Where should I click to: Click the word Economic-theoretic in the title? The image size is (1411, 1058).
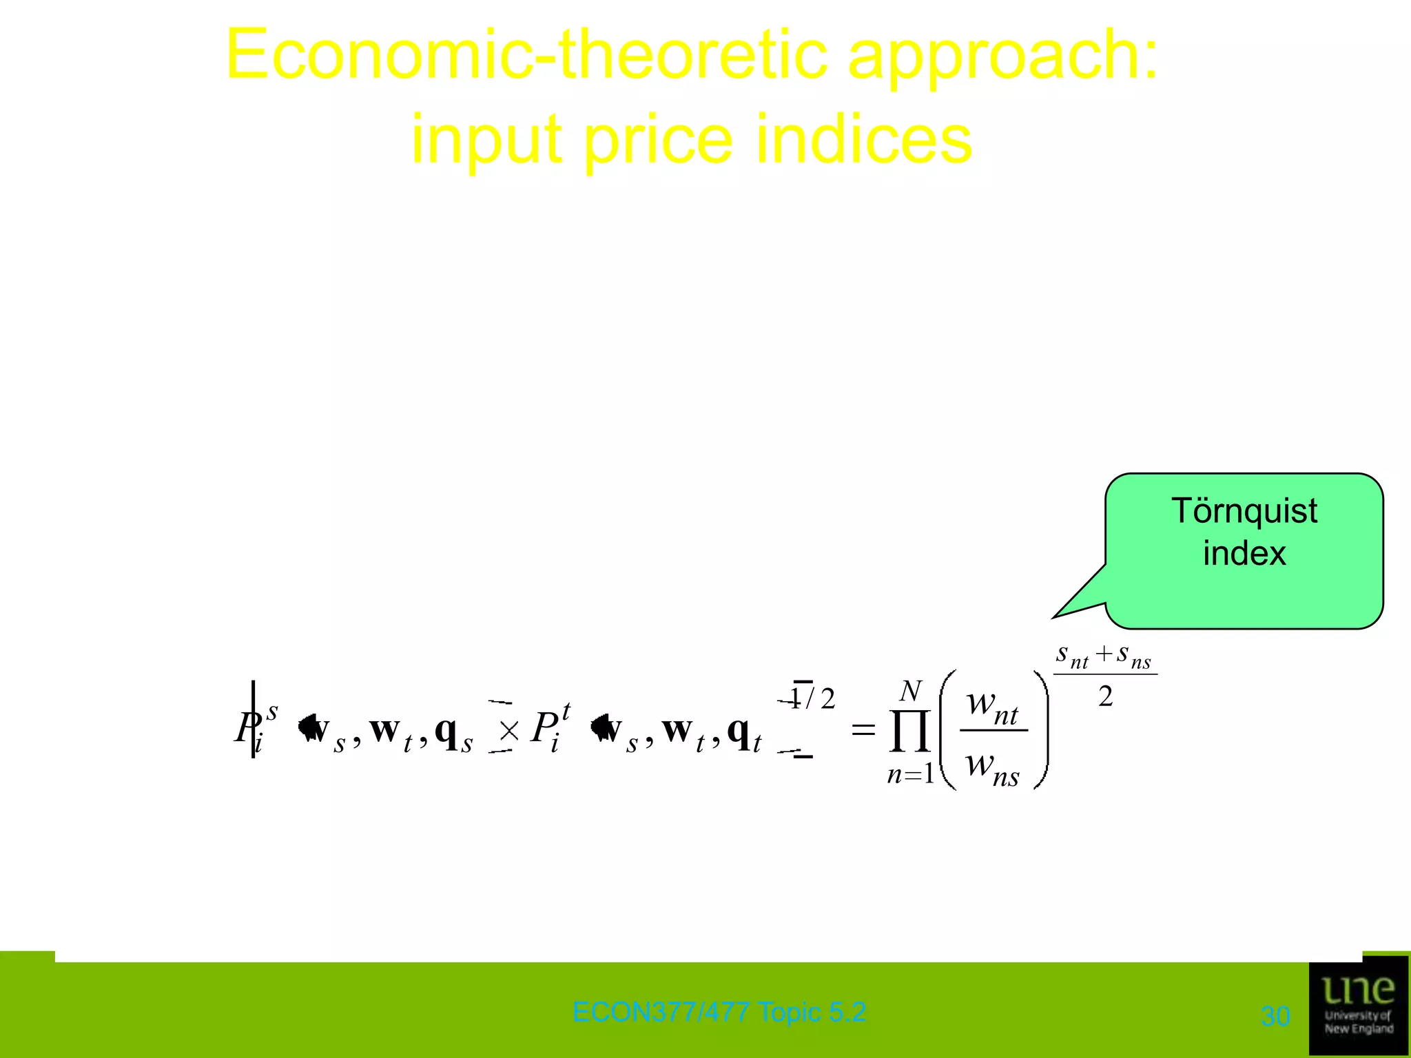[526, 55]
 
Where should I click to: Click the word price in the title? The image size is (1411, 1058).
[658, 140]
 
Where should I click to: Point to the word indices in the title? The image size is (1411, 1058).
[864, 140]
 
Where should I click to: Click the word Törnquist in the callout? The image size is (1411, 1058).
[1244, 511]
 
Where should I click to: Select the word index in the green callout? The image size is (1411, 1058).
[1244, 553]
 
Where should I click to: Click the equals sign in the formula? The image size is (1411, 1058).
[863, 729]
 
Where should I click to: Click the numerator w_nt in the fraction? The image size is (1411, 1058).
[992, 706]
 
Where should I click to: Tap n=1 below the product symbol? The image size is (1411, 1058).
[910, 775]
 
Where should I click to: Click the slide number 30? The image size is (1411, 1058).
[1275, 1016]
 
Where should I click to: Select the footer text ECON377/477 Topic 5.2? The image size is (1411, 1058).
[719, 1012]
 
